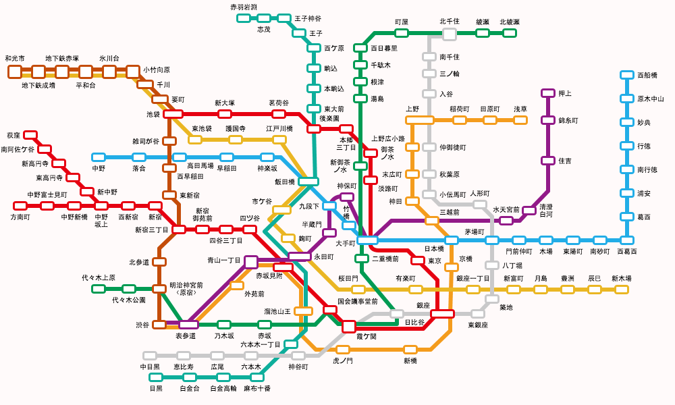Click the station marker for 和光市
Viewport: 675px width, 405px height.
click(x=15, y=71)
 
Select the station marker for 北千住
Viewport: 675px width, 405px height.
click(x=449, y=32)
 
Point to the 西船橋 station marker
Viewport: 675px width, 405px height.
click(x=627, y=76)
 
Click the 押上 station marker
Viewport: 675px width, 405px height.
click(x=548, y=93)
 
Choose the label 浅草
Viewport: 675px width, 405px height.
click(x=520, y=109)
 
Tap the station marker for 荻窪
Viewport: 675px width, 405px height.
click(x=30, y=136)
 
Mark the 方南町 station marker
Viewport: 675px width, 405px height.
click(x=20, y=205)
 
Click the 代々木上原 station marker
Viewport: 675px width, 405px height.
click(x=99, y=289)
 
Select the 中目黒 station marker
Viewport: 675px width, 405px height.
click(x=150, y=355)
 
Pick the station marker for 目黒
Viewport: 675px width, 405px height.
click(x=156, y=377)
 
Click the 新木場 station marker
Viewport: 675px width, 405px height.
click(x=621, y=290)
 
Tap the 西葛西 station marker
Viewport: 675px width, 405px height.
click(x=627, y=240)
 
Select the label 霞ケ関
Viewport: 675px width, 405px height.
click(x=367, y=335)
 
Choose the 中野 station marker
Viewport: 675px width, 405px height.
click(x=99, y=157)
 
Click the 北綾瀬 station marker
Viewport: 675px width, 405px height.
click(x=510, y=32)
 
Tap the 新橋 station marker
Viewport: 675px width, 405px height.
click(x=410, y=350)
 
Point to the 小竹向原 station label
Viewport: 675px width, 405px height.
click(x=157, y=70)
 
